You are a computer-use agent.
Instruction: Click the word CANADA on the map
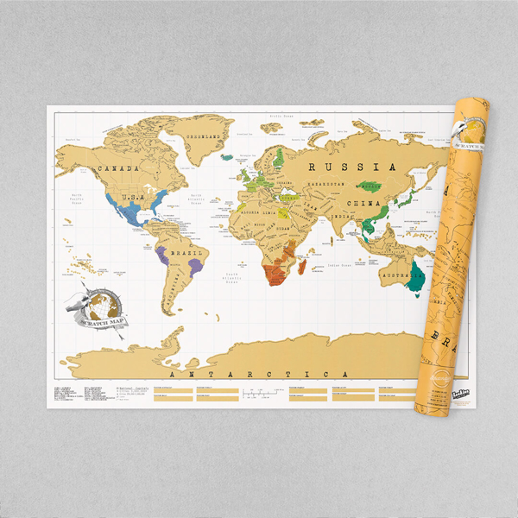coord(120,168)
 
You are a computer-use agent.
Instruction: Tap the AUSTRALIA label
coord(397,275)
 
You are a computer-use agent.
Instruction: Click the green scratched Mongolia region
coord(371,186)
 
